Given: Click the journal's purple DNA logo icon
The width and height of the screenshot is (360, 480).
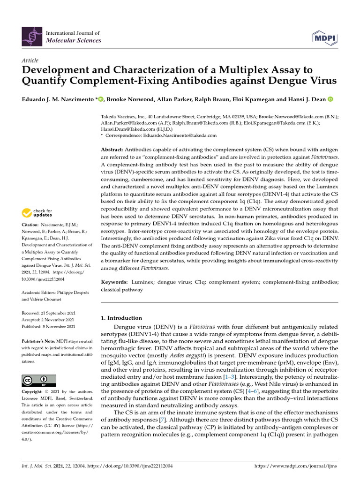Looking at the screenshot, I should coord(32,37).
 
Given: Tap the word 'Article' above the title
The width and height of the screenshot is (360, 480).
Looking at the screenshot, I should coord(30,60).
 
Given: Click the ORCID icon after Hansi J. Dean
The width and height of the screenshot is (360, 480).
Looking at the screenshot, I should coord(330,99).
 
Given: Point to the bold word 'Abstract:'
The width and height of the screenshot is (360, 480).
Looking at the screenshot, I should coord(114,149).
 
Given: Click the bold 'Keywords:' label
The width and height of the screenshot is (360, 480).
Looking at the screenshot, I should coord(114,282).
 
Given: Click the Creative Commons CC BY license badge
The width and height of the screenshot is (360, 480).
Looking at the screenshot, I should coord(39,380).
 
